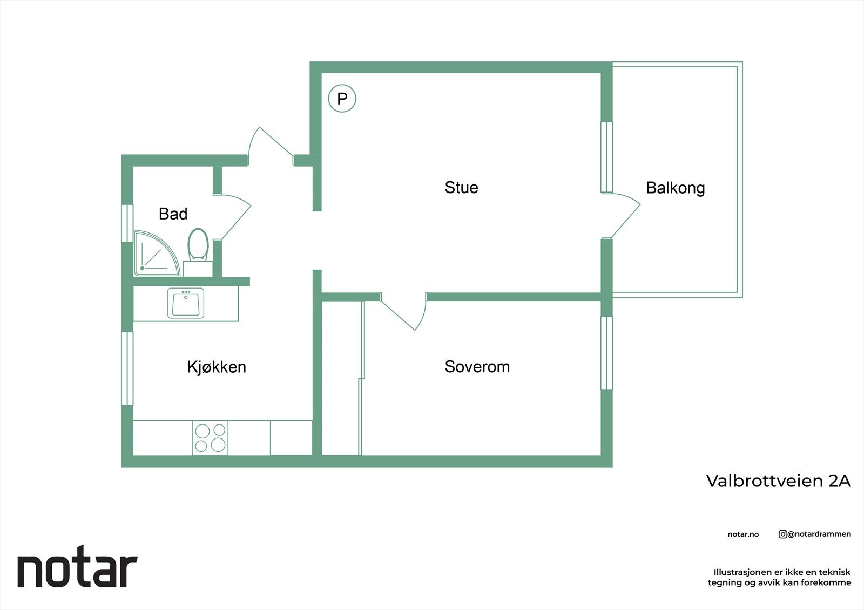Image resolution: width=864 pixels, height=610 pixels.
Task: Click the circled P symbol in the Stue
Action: coord(342,99)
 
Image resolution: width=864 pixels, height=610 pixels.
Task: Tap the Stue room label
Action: coord(461,188)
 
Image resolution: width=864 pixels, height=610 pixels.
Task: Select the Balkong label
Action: coord(675,188)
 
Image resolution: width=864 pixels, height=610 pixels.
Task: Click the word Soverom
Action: coord(477,367)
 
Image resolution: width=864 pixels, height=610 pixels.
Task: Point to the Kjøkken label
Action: coord(217,367)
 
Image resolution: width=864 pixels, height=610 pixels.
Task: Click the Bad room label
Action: coord(173,214)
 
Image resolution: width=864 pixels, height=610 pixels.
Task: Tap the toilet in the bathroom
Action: coord(198,246)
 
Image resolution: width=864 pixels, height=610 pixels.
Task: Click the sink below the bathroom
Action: coord(186,303)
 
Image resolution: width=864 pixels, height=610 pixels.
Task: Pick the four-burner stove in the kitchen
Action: coord(210,437)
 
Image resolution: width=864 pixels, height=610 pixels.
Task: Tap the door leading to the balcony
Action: coord(624,216)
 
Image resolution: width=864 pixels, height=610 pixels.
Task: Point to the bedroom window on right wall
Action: coord(607,353)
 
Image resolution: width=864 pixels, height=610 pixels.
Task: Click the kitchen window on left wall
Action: coord(127,368)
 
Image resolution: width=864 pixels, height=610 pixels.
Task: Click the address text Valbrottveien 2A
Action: coord(778,481)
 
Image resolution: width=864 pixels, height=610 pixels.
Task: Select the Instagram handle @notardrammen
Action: coord(815,534)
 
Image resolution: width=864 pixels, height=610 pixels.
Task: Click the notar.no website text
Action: coord(743,534)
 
